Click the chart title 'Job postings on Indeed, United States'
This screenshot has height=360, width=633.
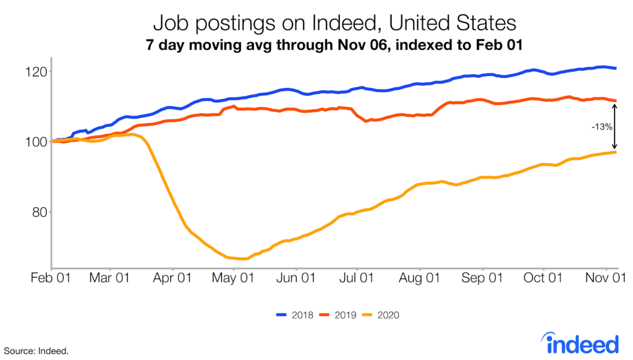click(x=334, y=24)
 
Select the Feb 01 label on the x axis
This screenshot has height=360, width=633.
click(x=51, y=278)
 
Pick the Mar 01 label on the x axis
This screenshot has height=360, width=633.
click(x=109, y=278)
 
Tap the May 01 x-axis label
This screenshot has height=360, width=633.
click(x=234, y=278)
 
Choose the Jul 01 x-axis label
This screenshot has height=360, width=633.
click(x=357, y=278)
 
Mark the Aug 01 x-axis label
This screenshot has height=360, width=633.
click(x=420, y=278)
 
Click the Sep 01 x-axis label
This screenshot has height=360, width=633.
click(x=482, y=278)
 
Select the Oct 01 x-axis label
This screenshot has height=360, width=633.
click(x=543, y=278)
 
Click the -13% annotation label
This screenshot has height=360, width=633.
click(x=601, y=127)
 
